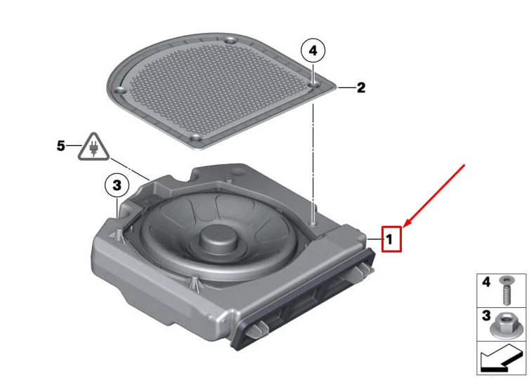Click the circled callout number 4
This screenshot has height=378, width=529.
(x=313, y=50)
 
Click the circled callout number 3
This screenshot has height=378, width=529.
(x=117, y=185)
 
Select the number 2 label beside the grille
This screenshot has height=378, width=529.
(x=360, y=88)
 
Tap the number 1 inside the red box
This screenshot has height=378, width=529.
(x=390, y=239)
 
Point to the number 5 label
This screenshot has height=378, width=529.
(x=61, y=146)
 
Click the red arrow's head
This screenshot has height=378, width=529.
(x=405, y=225)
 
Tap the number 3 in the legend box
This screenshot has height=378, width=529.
(x=485, y=316)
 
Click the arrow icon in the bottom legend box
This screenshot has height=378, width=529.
(x=501, y=359)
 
